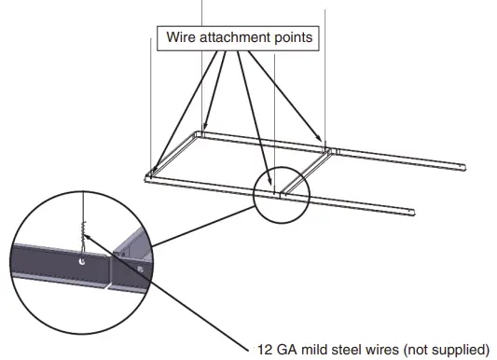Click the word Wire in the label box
(x=181, y=38)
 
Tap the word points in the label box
(x=290, y=38)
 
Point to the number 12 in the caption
(x=264, y=350)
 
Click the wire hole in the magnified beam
(x=84, y=263)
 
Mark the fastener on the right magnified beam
(x=137, y=269)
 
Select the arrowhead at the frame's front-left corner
(x=152, y=172)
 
